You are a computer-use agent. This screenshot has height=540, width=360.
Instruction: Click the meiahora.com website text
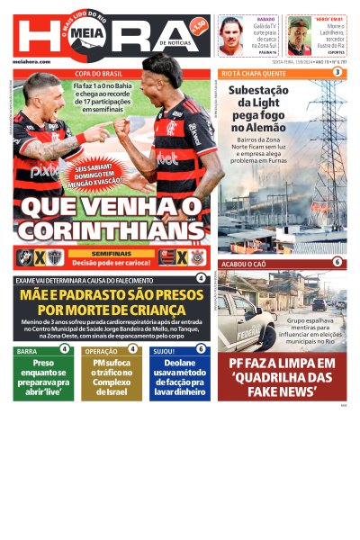tap(32, 59)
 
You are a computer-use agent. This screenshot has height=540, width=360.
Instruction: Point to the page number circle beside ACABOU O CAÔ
tap(337, 263)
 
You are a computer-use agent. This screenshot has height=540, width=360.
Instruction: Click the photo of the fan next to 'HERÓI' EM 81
tap(299, 35)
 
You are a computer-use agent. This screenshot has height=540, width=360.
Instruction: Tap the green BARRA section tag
tap(27, 351)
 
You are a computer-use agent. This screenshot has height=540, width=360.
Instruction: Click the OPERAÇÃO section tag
tap(100, 351)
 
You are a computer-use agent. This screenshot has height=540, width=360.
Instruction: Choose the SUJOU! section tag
tap(164, 351)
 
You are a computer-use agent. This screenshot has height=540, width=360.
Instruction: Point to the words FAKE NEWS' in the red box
tap(282, 392)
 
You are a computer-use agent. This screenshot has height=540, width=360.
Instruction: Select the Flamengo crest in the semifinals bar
tap(167, 257)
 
